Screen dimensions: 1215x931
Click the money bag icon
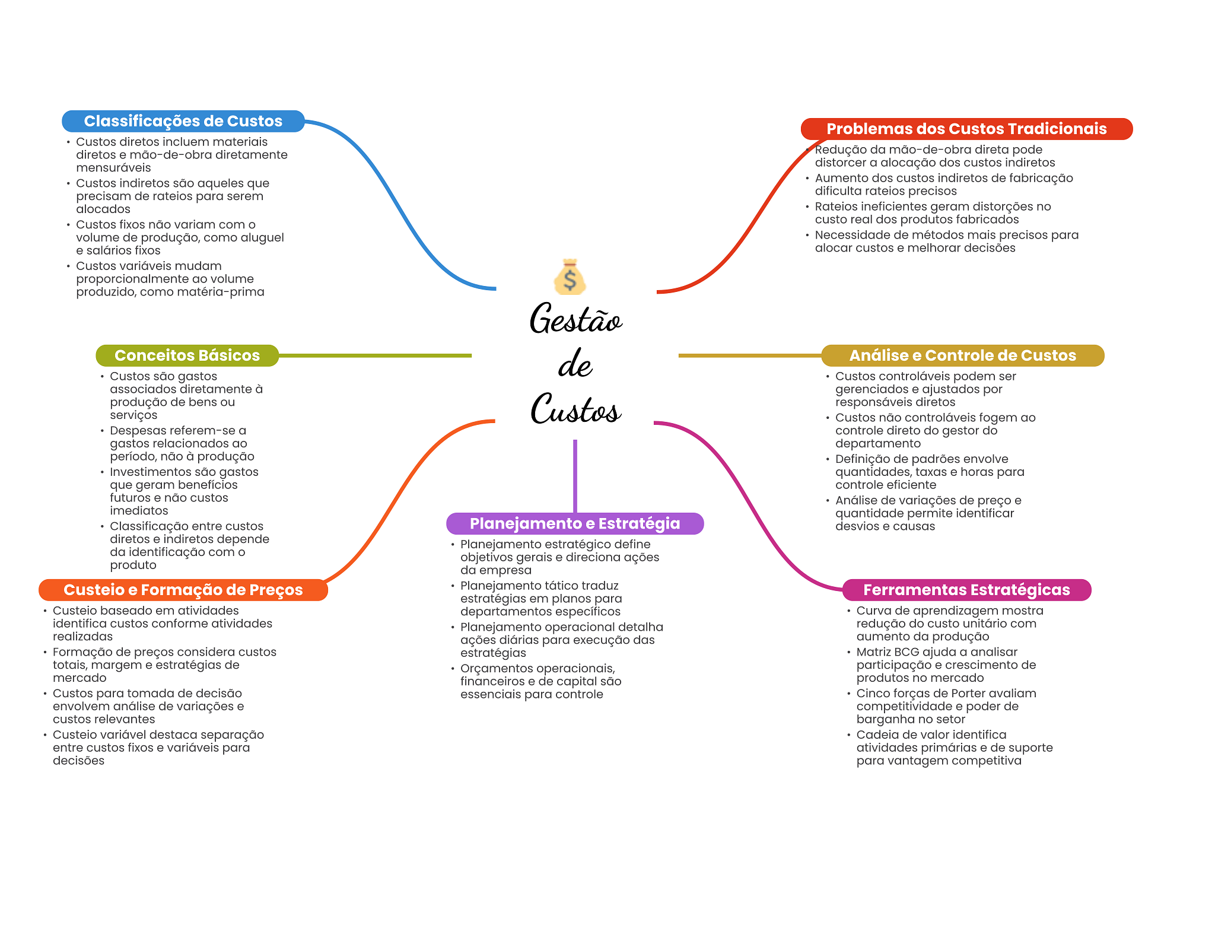pos(570,277)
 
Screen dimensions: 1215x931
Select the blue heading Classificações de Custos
pos(183,121)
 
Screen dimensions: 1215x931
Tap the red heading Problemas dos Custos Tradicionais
pos(966,129)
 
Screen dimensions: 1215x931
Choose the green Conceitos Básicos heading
pos(187,355)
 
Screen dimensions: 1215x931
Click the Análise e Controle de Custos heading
pos(962,355)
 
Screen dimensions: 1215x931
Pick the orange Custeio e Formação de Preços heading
pos(183,590)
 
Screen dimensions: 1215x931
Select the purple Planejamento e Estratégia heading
pos(575,523)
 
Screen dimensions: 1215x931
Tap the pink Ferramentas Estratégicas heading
pos(966,590)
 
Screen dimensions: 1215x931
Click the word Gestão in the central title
pos(575,319)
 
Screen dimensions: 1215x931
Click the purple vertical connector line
pos(575,476)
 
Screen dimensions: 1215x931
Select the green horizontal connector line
pos(375,355)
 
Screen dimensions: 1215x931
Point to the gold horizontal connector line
pos(750,355)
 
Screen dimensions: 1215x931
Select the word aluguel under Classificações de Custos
pos(260,238)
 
